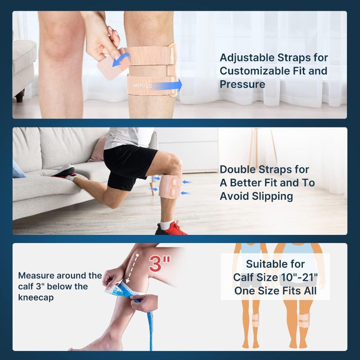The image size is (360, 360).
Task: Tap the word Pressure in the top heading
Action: pos(243,84)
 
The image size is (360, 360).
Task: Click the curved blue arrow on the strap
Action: pos(121,59)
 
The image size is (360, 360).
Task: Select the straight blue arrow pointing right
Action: pos(166,85)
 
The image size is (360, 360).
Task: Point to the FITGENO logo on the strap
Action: pos(142,85)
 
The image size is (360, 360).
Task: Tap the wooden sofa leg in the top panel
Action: pos(20,96)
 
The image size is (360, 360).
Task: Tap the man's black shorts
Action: pos(129,166)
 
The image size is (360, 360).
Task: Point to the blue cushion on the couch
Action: pos(18,170)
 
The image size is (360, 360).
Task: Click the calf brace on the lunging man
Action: pos(171,186)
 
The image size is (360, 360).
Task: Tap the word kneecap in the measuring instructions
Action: pos(36,297)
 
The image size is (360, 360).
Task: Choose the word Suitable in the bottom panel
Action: pos(275,264)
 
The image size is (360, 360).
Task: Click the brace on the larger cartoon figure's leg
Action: pos(304,320)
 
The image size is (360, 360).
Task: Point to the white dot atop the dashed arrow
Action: pos(137,255)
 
